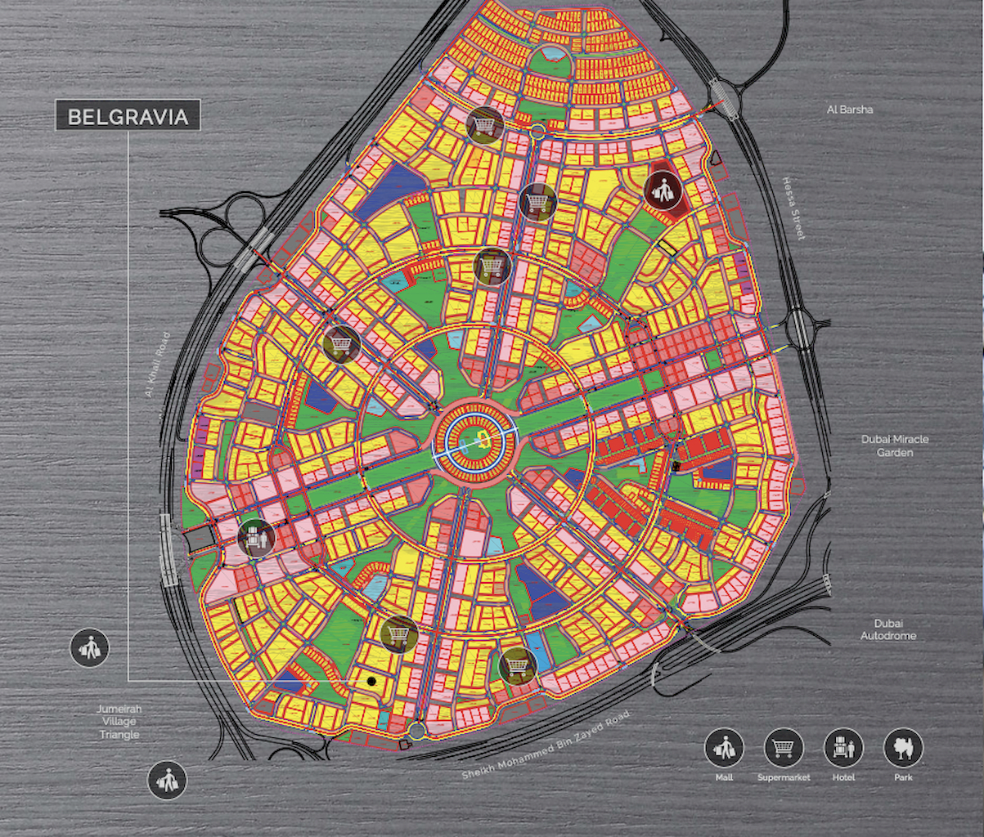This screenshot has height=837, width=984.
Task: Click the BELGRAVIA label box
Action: point(128,116)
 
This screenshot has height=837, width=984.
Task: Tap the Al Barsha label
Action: point(848,109)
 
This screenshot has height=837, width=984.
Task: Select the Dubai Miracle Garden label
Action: point(895,445)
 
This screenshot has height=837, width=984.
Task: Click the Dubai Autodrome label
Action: point(888,629)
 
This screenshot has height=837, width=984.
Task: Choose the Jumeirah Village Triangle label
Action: point(119,722)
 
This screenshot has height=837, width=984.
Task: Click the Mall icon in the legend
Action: point(724,747)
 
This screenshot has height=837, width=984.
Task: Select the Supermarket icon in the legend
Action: point(784,747)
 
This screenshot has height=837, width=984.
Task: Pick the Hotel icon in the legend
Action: point(843,747)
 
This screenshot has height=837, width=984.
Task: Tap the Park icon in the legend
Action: point(903,747)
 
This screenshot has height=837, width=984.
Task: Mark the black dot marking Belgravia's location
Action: point(371,680)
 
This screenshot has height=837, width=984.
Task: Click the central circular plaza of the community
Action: point(477,442)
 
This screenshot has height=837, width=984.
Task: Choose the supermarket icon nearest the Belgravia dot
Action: point(400,633)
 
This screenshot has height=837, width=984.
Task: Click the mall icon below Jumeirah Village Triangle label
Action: point(167,780)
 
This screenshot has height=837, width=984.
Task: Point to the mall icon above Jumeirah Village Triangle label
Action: point(89,649)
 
